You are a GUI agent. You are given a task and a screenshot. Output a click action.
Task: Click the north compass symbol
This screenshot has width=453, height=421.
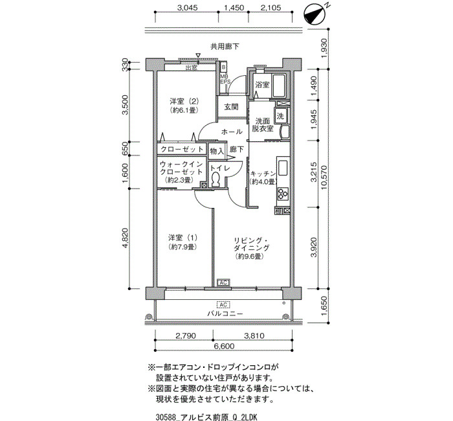click(315, 15)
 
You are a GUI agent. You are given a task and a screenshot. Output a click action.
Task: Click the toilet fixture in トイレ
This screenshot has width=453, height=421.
click(215, 179)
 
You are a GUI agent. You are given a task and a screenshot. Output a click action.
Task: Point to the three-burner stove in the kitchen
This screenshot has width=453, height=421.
click(283, 194)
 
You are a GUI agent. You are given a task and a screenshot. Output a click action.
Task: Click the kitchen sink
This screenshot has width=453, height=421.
click(283, 167)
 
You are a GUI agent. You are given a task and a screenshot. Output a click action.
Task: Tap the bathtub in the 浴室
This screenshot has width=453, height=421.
click(279, 86)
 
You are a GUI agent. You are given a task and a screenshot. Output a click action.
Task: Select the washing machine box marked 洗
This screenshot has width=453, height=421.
click(280, 116)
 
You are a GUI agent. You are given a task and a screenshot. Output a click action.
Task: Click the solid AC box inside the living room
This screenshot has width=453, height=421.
click(224, 282)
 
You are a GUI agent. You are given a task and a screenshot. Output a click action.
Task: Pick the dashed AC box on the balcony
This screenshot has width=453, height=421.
click(223, 305)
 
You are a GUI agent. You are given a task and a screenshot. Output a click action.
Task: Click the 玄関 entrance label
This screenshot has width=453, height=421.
click(232, 107)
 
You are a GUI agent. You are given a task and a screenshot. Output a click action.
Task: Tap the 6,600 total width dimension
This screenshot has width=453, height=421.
click(224, 346)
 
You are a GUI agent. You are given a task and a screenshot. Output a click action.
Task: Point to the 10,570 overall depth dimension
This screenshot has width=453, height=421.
click(324, 177)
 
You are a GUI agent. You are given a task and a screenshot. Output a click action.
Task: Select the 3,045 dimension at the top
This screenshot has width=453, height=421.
click(187, 8)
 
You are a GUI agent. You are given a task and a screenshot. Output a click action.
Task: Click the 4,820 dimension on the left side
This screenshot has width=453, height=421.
click(125, 238)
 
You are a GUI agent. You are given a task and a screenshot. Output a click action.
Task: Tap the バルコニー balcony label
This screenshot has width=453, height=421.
click(225, 313)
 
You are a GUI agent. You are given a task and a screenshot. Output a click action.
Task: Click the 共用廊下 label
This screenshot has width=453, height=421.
click(225, 46)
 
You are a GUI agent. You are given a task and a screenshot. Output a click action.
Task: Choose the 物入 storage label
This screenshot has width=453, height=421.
click(217, 151)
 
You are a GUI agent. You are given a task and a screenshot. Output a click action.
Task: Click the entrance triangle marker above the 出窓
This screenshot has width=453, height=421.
click(198, 55)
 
